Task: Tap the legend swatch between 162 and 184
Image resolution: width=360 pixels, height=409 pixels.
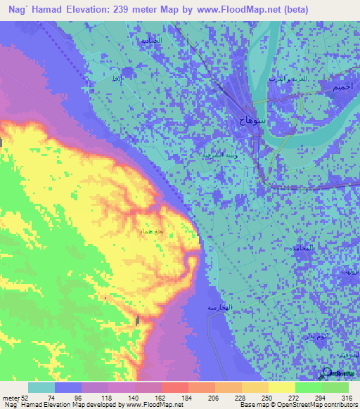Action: click(174, 387)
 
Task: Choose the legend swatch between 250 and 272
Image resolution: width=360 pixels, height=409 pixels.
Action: click(281, 387)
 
